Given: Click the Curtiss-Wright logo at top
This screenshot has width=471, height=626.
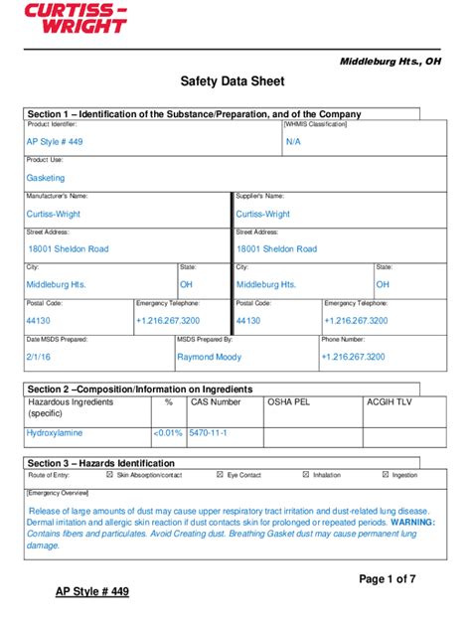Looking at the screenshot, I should point(76,19).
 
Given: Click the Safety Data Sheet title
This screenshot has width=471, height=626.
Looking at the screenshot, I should point(233,82).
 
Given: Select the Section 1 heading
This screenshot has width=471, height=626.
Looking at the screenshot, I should point(195,114).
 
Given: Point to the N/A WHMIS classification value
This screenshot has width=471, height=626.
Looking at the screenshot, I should point(293,142).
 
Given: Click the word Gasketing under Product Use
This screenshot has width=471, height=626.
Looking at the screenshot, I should point(46,178).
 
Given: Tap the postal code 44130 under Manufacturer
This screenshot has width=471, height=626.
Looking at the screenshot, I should point(38,321).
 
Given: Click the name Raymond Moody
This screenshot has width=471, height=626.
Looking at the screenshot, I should point(209,356).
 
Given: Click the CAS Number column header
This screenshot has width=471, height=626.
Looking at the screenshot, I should point(216,402).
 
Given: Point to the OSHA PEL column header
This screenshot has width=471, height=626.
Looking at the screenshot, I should point(289,402).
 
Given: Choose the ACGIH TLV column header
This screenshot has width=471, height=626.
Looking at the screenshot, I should point(389,402).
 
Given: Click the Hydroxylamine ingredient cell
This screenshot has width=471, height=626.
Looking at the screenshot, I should point(55,433).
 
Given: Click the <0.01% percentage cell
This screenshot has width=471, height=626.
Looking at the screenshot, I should point(167,433).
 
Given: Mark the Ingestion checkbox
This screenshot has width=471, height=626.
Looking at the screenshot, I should point(386,475).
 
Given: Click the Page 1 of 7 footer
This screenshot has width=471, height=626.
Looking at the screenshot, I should point(387,578).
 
